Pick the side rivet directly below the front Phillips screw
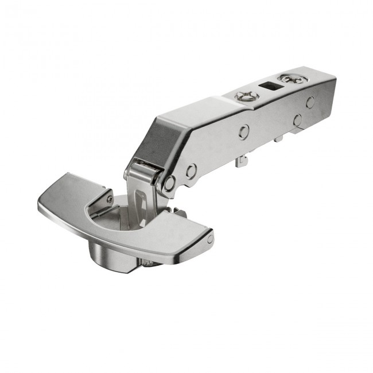(x=243, y=131)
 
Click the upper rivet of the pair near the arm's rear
(x=310, y=102)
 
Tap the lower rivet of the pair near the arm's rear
(x=297, y=121)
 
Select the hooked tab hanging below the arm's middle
(x=242, y=161)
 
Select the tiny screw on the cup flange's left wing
(x=110, y=198)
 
